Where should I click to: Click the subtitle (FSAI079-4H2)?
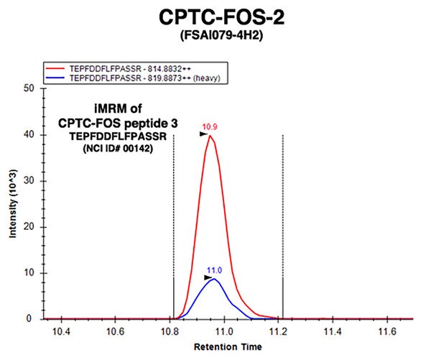pos(215,34)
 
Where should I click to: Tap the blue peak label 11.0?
pos(213,270)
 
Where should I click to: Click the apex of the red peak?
pos(210,136)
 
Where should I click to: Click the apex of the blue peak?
pos(213,279)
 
